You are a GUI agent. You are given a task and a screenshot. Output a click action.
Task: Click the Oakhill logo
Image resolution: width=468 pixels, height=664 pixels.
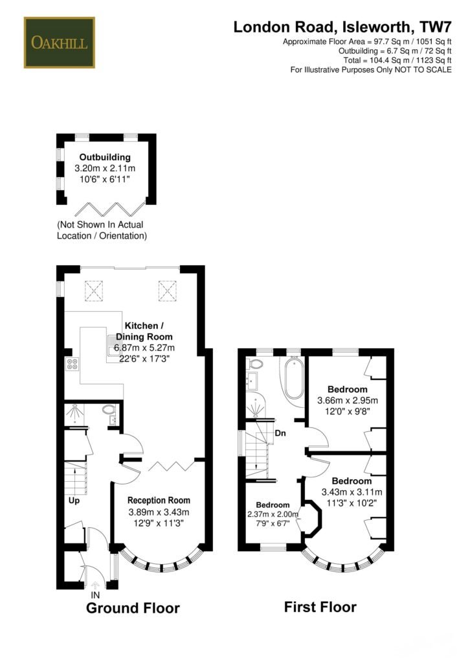point(59,42)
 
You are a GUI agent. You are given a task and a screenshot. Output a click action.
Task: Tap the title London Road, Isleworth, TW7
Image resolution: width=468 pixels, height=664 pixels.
point(342,27)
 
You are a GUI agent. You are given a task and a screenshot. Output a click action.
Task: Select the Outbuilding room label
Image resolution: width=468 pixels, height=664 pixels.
point(105,157)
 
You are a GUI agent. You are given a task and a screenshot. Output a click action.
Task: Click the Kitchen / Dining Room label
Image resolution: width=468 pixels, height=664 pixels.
point(144,331)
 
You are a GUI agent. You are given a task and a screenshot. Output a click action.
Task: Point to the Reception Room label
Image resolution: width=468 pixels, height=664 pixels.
point(159,500)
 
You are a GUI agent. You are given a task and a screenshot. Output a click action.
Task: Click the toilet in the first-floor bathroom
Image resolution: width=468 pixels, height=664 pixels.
point(255,364)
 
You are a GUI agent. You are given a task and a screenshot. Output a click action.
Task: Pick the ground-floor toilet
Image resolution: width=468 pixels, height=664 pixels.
point(109,410)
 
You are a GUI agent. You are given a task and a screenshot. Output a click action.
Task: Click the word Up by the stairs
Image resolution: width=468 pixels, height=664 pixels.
point(74,501)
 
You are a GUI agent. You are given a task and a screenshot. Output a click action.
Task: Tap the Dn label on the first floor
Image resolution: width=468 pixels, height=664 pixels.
point(280,433)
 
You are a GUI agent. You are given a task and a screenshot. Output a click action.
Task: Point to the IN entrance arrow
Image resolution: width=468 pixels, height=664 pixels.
point(95,586)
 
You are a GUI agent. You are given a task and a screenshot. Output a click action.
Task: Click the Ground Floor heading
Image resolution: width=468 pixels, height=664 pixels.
point(133,608)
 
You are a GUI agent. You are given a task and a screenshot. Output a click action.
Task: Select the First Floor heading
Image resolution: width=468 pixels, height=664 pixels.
point(320,607)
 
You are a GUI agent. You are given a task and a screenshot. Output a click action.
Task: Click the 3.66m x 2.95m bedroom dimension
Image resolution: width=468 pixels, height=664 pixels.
point(348,400)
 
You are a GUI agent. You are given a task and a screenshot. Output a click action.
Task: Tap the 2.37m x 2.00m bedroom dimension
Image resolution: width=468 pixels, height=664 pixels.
point(273,514)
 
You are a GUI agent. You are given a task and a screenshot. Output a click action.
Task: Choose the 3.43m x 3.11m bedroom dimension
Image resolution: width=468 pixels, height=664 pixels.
point(351,492)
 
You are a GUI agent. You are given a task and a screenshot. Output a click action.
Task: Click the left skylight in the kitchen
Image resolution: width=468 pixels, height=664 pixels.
point(94,291)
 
